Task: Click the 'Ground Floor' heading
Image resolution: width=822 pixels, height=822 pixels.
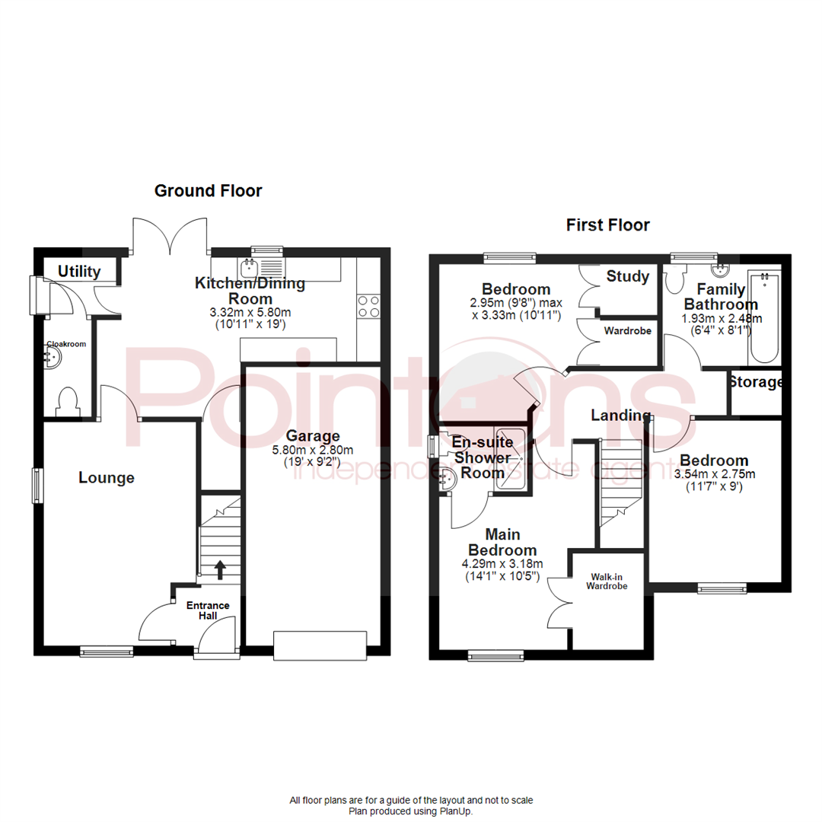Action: click(x=208, y=191)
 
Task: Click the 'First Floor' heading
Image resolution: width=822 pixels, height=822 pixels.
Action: click(x=607, y=225)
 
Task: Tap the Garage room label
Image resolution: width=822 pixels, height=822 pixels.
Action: click(x=312, y=436)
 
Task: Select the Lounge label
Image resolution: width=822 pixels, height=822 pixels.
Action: click(x=107, y=478)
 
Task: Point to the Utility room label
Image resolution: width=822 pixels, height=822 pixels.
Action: click(x=80, y=271)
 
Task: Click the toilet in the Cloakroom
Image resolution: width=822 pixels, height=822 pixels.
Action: click(x=68, y=401)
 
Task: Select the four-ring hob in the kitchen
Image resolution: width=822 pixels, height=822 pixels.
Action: click(x=368, y=307)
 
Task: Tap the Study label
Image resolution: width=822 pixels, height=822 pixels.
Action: click(x=628, y=276)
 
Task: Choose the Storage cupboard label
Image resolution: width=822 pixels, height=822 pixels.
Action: click(x=756, y=382)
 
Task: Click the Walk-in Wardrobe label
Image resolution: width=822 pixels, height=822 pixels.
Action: click(x=607, y=581)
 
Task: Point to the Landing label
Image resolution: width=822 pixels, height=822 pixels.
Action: click(x=621, y=416)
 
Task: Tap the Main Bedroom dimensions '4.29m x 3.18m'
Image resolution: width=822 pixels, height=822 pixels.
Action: click(x=502, y=564)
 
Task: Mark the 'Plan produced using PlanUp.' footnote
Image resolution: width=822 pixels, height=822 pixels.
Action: click(x=411, y=811)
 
